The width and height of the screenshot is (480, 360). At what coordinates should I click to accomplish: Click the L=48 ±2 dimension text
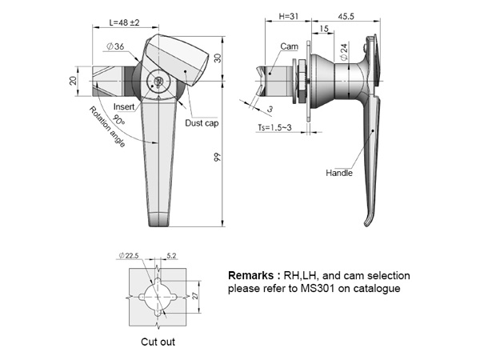124,22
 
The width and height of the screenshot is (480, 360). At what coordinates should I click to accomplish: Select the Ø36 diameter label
115,46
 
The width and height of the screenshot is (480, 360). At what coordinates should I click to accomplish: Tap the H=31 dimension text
288,16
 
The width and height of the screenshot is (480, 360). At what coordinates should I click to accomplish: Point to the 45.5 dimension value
346,16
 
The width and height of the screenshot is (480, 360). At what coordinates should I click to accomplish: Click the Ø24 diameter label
344,51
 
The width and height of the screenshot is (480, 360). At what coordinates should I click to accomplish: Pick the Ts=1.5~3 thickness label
274,127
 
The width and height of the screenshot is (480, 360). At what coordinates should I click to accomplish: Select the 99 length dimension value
217,158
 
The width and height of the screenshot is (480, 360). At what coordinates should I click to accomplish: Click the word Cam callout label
289,46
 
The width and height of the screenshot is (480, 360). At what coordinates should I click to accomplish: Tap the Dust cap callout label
202,123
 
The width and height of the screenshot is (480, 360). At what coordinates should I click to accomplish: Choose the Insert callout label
124,106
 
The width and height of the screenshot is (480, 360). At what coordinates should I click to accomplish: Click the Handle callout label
339,173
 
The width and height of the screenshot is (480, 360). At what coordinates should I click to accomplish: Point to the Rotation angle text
107,126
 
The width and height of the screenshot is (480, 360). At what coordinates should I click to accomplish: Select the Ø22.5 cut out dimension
129,255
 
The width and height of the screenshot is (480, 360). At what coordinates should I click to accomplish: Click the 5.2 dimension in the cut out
171,255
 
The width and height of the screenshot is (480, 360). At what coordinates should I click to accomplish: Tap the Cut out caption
158,342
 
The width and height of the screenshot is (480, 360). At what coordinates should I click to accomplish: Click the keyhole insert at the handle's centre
158,82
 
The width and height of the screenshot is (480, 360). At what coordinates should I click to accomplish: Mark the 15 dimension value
323,29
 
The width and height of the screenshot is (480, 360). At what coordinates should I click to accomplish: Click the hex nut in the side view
301,80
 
